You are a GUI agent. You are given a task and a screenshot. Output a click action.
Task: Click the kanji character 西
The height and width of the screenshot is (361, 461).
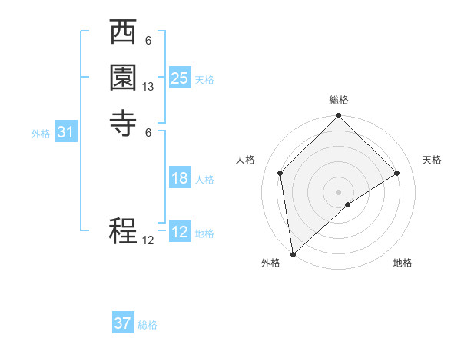(123, 35)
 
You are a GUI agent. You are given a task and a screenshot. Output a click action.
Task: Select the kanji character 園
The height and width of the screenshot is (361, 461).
(123, 79)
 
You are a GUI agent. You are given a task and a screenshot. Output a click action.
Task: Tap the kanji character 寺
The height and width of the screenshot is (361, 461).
(123, 124)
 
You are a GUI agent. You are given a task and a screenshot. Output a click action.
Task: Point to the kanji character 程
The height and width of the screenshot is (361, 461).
(123, 230)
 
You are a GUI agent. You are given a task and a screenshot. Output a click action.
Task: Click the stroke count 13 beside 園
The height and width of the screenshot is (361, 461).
(148, 87)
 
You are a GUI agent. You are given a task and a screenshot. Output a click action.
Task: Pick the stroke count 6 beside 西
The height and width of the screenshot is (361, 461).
(148, 40)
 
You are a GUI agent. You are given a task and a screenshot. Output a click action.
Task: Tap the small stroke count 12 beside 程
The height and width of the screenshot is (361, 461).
(148, 240)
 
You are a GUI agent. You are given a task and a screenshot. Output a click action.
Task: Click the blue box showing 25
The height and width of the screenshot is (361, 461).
(180, 78)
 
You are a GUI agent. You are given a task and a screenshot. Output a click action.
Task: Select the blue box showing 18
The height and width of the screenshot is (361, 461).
(180, 178)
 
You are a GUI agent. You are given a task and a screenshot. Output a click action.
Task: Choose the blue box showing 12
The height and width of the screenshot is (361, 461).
(180, 232)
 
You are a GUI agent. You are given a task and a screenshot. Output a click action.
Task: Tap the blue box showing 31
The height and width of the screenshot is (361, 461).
(66, 132)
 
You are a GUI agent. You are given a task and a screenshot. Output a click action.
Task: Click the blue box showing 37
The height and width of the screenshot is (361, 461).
(123, 323)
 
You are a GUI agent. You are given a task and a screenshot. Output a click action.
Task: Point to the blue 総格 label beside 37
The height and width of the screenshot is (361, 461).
(148, 325)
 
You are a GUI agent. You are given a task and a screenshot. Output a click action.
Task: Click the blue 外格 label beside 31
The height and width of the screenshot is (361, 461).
(41, 134)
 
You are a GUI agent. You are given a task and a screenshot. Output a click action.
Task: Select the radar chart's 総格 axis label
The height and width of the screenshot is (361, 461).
(339, 100)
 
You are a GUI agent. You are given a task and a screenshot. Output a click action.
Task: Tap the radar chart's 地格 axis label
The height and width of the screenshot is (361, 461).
(403, 263)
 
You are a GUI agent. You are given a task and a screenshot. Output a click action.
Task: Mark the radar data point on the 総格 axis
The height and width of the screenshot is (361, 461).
(339, 117)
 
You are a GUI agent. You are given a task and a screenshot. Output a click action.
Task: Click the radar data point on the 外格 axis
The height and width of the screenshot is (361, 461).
(293, 254)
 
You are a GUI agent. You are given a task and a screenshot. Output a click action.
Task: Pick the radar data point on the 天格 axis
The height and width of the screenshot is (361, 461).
(397, 173)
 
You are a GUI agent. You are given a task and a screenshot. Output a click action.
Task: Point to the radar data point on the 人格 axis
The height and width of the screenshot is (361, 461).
(280, 173)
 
